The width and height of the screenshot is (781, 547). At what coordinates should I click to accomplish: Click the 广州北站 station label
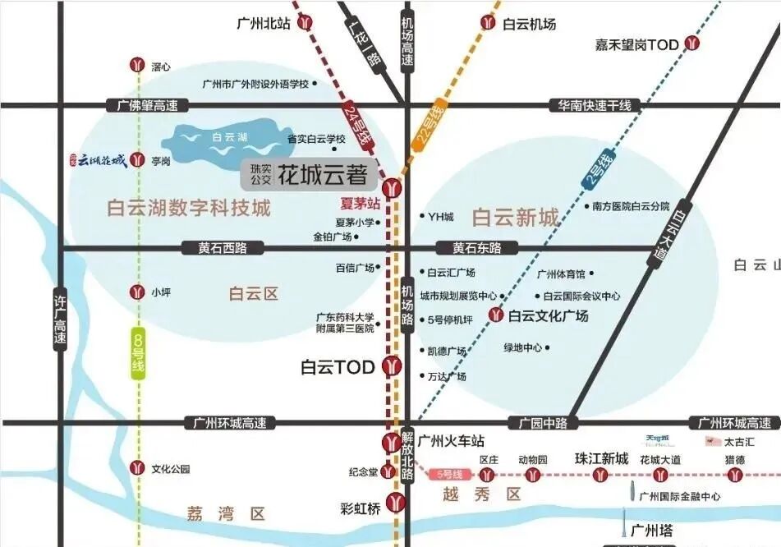(264, 24)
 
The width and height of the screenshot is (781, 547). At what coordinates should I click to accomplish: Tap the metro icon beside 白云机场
(489, 24)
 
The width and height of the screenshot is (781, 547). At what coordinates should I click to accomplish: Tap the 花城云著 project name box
(310, 174)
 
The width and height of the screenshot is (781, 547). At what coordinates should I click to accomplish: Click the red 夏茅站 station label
(361, 203)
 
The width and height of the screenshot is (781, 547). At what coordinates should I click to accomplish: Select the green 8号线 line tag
(138, 353)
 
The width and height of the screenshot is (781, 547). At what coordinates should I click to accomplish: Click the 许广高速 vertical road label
(60, 319)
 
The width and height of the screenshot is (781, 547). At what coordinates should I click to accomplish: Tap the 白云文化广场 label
(548, 315)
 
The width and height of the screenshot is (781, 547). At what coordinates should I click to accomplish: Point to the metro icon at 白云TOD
(393, 366)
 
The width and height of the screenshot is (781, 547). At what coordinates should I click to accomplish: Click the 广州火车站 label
(451, 441)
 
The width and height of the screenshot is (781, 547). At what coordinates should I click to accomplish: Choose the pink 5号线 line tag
(451, 475)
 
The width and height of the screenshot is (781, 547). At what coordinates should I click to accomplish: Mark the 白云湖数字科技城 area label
(189, 209)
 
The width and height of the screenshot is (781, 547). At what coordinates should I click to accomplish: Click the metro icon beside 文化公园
(137, 469)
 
